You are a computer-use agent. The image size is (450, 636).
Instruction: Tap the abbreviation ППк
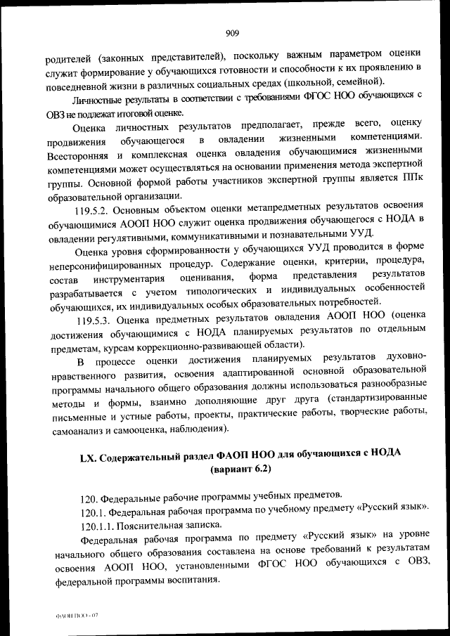(x=412, y=181)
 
